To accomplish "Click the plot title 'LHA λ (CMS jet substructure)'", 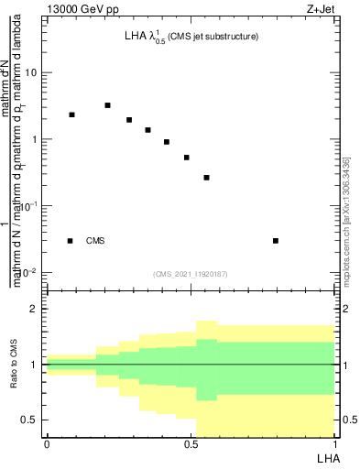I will tap(191, 37).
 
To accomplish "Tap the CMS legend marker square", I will tap(71, 241).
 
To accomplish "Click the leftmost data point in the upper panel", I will tap(71, 115).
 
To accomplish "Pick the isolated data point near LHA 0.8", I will tap(276, 241).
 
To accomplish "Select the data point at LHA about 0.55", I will tap(206, 178).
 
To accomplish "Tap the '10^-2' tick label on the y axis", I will tap(28, 273).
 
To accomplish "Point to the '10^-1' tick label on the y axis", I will tap(28, 206).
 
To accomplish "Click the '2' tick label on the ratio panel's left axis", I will tap(34, 309).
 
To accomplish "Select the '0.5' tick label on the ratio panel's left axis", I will tap(29, 420).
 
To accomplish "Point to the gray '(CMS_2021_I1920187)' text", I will tap(191, 273).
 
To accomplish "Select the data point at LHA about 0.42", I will tap(166, 142).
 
